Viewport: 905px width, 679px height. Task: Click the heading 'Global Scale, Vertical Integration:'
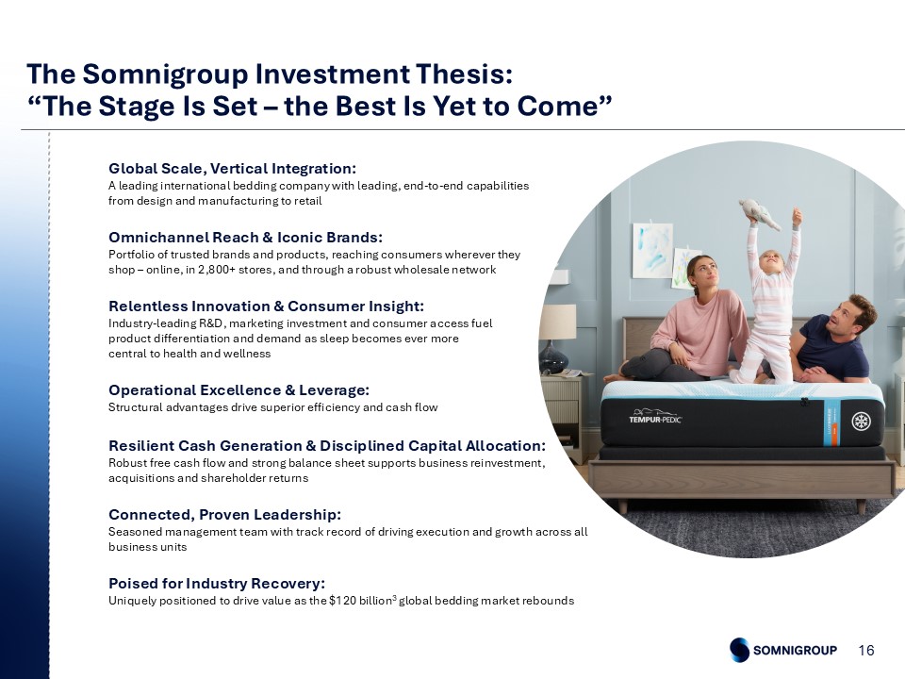point(232,169)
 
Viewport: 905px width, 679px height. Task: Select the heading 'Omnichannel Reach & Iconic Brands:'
point(245,238)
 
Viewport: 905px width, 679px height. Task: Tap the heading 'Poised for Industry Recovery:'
point(217,583)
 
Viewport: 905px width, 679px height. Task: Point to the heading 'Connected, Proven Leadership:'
point(224,515)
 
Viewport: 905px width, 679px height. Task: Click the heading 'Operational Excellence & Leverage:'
point(239,390)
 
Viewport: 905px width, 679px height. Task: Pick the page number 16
point(866,650)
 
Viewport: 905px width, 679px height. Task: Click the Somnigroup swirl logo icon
point(739,650)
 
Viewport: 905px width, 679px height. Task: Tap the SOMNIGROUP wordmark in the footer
point(795,650)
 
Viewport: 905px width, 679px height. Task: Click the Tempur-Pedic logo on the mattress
point(655,417)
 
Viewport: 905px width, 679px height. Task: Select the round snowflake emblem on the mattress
point(862,422)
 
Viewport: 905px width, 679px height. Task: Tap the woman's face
point(706,274)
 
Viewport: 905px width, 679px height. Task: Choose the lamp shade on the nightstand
point(557,321)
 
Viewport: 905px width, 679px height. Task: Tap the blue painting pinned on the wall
point(653,250)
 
